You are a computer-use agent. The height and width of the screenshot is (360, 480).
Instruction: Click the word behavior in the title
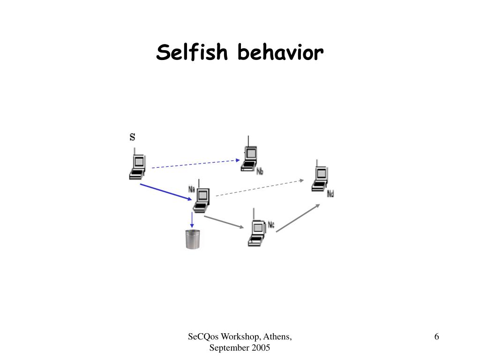click(x=280, y=52)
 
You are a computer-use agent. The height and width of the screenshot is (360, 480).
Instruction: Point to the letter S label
click(x=132, y=137)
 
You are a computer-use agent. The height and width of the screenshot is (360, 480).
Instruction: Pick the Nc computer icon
click(x=256, y=231)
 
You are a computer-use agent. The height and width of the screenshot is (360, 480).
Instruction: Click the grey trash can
click(x=192, y=239)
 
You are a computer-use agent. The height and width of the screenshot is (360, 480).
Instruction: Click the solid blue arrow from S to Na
click(x=166, y=192)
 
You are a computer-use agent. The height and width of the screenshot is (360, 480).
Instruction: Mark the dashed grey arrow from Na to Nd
click(x=260, y=187)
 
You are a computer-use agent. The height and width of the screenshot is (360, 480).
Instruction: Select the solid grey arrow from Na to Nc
click(x=224, y=222)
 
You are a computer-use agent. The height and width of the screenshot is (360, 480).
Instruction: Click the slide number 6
click(x=436, y=337)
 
